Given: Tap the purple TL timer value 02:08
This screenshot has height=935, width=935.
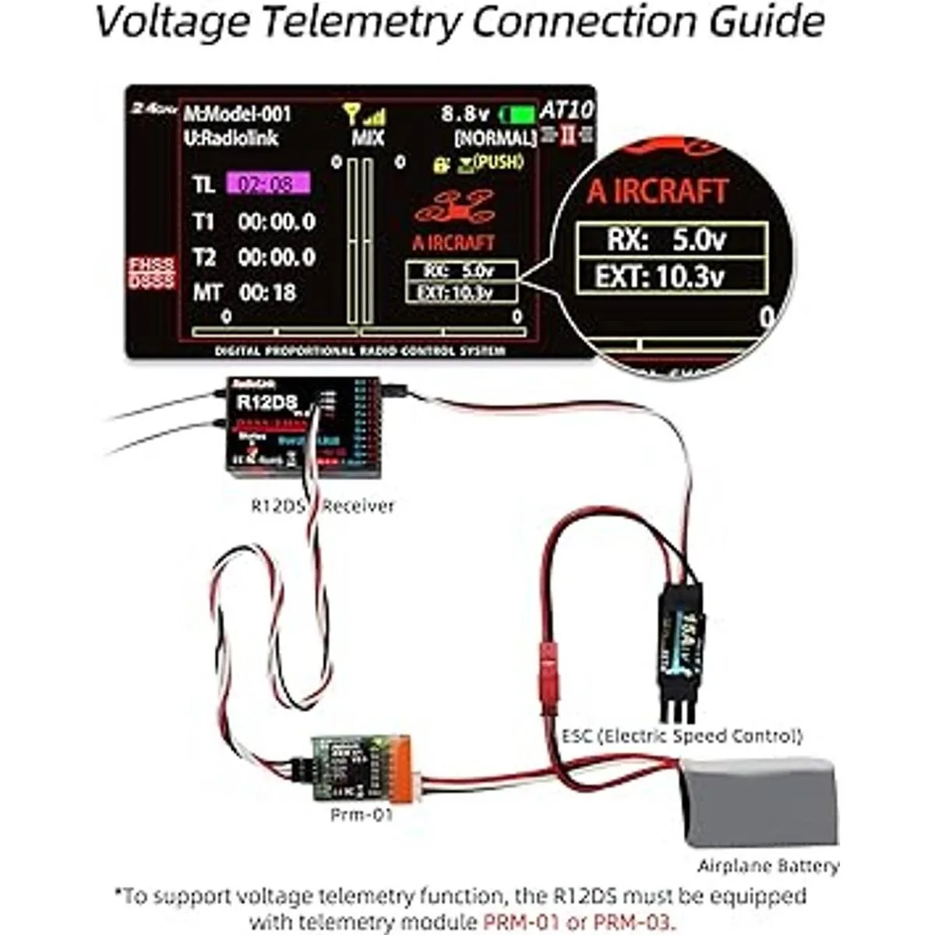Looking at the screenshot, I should tap(268, 185).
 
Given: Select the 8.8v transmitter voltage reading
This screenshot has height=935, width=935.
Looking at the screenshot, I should tap(465, 114).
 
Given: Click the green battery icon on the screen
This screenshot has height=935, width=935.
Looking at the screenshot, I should tap(518, 115).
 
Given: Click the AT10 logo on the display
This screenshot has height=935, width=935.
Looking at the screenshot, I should tap(566, 111).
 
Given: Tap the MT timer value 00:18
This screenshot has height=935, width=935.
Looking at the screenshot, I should tap(267, 292).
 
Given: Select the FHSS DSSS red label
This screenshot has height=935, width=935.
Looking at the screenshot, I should tap(151, 273).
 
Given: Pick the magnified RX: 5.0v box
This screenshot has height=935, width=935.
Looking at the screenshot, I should tap(671, 239).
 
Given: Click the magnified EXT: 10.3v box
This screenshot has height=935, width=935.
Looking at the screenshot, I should tap(671, 277).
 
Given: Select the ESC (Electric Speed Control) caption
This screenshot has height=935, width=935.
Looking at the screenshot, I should tap(682, 735).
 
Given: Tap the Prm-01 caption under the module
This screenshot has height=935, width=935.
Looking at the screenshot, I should tap(362, 815).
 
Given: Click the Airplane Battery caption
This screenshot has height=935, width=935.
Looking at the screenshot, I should tap(768, 866).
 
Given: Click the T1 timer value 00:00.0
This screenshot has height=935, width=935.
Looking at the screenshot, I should tap(277, 222).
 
